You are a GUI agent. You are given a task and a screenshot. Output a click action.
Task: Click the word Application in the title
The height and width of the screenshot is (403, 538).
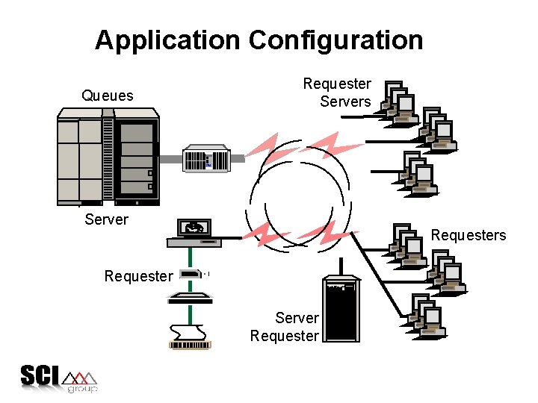coord(168,40)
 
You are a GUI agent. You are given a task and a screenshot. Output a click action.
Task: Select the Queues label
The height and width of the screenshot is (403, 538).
coord(108,96)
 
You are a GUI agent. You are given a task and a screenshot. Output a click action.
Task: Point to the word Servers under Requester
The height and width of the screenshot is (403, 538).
coord(345,101)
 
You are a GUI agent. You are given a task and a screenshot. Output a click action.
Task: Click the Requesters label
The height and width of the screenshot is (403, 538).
coord(469,235)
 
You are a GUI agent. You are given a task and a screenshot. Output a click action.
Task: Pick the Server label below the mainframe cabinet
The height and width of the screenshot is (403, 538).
coord(107,219)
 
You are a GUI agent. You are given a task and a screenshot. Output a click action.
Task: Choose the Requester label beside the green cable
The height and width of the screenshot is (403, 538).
coord(137,276)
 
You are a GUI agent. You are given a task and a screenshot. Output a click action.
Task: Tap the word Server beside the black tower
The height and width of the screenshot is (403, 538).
coord(297,318)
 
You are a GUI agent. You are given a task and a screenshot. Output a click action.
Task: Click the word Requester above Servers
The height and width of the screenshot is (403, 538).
coord(337,84)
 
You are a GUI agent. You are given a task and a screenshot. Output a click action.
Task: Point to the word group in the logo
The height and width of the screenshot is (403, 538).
coord(81,389)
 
